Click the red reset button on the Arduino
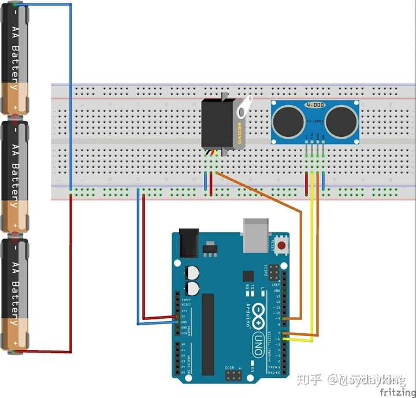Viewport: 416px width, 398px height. [x=281, y=245]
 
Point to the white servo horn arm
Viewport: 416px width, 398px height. [x=245, y=108]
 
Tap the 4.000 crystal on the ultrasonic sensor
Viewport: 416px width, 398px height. [x=315, y=106]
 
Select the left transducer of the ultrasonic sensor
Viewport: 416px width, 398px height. [x=287, y=121]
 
